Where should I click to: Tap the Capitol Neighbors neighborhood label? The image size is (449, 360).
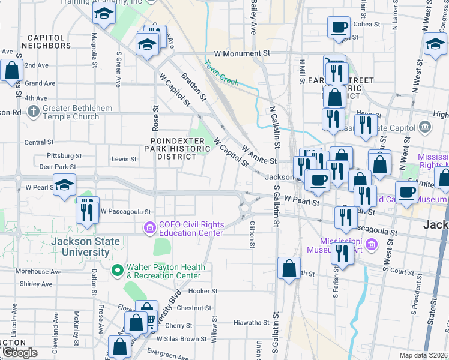(x=46, y=41)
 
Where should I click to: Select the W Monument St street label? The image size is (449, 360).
(x=242, y=53)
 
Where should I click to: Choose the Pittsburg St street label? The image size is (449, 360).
(x=64, y=155)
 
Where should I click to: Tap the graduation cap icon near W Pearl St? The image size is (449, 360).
(x=64, y=185)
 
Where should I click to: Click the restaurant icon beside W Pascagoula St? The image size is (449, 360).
(x=88, y=211)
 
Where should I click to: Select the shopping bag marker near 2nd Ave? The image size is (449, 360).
(x=12, y=71)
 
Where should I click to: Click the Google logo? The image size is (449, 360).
(x=19, y=353)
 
